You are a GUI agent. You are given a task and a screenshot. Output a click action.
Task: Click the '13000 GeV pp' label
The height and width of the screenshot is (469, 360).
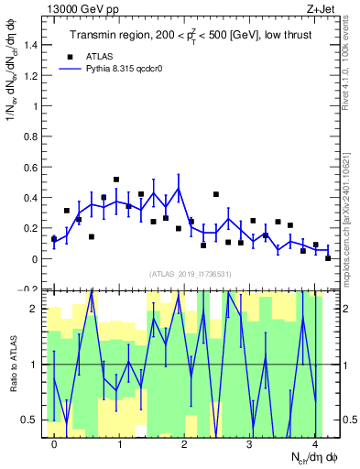80,8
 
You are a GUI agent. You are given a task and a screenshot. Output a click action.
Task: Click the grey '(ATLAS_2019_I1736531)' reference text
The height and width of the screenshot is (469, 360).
191,274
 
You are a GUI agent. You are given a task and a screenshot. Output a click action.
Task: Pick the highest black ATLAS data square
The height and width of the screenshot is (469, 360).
116,180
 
